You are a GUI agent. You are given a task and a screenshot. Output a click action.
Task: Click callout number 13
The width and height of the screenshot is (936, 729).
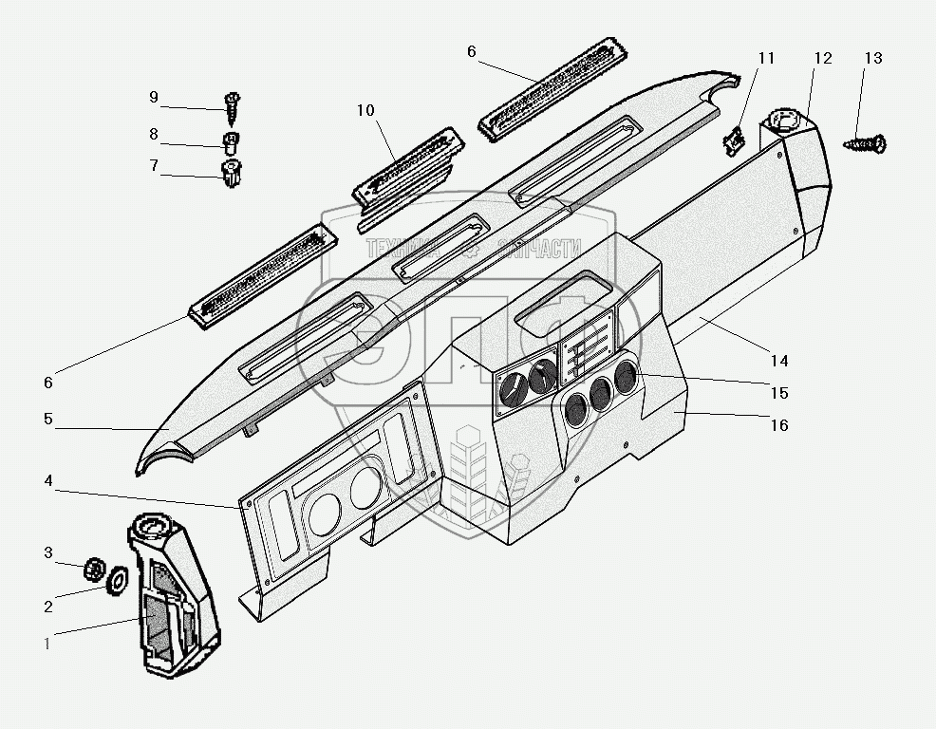872,59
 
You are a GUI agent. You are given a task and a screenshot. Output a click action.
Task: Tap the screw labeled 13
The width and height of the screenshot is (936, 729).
865,144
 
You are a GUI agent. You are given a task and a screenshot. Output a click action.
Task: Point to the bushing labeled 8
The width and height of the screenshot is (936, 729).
230,143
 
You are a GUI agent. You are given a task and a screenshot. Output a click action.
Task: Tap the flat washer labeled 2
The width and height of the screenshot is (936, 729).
118,578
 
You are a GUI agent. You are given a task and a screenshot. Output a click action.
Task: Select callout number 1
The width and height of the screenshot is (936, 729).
47,643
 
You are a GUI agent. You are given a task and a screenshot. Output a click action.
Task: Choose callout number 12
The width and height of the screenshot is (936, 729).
822,59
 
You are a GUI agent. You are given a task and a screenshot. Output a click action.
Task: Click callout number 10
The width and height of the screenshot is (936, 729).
366,111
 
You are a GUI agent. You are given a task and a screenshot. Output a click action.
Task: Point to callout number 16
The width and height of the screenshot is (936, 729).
778,425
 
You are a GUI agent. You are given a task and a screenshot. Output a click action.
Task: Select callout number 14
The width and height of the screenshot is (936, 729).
779,361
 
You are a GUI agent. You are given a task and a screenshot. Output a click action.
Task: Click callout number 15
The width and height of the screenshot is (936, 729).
778,393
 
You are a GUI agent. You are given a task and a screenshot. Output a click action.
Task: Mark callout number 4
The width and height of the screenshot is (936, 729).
47,482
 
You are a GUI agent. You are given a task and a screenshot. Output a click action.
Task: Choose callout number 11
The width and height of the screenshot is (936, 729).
766,59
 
